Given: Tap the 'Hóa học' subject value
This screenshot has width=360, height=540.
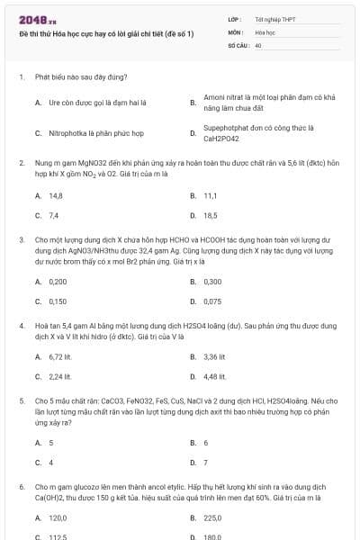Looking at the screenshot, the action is point(265,31).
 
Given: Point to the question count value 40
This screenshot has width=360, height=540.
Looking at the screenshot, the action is point(258,44).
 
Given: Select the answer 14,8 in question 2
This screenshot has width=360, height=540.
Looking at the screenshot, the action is point(55,195).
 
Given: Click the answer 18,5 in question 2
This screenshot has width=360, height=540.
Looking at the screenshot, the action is point(211,215).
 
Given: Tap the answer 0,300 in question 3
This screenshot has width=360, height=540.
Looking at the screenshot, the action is point(212,281).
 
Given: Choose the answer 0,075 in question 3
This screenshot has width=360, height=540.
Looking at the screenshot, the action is point(212,301).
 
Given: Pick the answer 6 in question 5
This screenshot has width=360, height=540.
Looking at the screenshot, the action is point(206,443).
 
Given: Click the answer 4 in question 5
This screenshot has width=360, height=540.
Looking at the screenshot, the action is point(51,463).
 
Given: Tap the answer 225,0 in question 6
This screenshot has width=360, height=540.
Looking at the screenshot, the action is point(212,517).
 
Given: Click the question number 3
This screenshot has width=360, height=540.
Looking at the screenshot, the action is point(21,241).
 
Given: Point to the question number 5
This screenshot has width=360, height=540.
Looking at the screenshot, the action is point(21,398).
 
